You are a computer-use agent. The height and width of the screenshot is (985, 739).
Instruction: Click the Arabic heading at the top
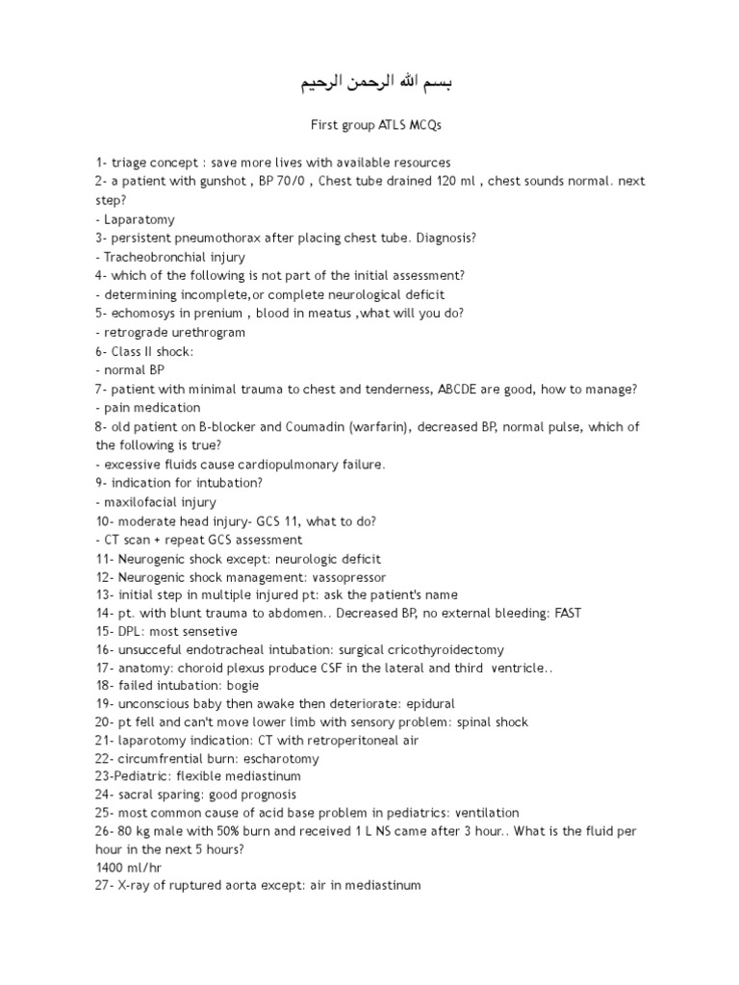pyautogui.click(x=370, y=84)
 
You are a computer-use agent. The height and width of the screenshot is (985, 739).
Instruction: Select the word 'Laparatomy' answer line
pyautogui.click(x=140, y=219)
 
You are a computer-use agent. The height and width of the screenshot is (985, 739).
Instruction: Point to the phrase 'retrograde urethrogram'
pyautogui.click(x=174, y=332)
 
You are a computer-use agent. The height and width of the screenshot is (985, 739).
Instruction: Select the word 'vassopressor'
pyautogui.click(x=346, y=576)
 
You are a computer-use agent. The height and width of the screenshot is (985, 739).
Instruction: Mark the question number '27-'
pyautogui.click(x=106, y=884)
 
